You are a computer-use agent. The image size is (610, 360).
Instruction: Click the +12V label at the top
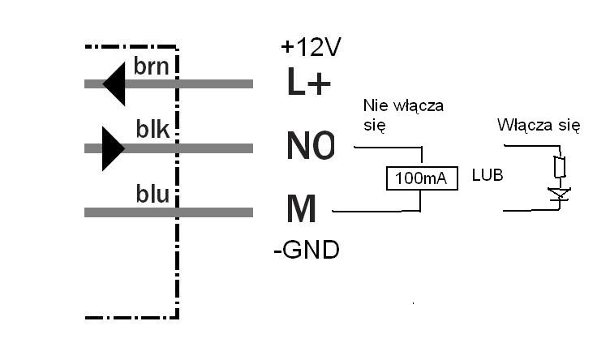(311, 47)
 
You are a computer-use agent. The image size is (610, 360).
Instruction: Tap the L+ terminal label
(309, 82)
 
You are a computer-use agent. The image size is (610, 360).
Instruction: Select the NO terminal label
(311, 146)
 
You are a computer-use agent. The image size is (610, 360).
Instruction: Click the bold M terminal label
(301, 208)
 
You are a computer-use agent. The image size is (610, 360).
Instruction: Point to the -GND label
(307, 250)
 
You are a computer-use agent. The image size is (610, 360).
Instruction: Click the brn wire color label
(152, 66)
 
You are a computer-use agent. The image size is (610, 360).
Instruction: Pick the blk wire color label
(152, 129)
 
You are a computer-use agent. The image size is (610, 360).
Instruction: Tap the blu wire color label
(152, 194)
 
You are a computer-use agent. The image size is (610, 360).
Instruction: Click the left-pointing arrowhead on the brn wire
(114, 84)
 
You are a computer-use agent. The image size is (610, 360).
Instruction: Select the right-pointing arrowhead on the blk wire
(114, 148)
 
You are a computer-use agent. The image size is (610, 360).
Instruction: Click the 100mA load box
(422, 178)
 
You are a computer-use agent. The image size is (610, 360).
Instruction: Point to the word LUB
(488, 175)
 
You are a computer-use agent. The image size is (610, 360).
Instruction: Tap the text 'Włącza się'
(539, 125)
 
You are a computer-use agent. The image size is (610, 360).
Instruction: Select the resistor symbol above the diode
(560, 166)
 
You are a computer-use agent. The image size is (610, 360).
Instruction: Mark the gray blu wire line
(169, 212)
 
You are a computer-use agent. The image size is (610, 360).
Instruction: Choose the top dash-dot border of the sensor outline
(131, 47)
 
